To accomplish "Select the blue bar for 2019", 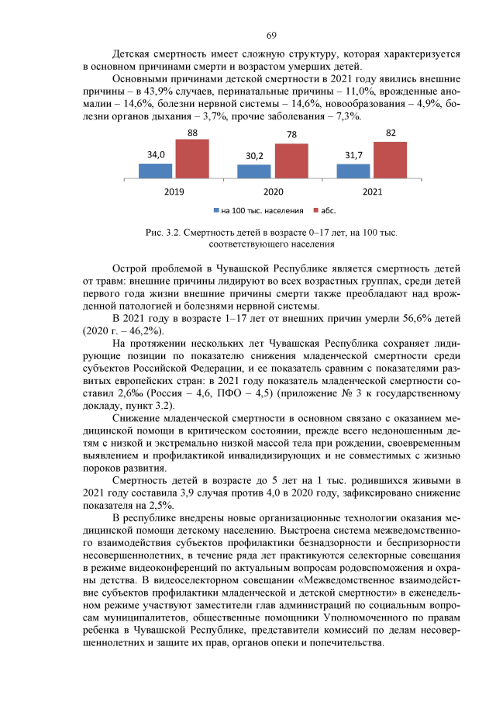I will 155,171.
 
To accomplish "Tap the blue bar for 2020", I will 253,172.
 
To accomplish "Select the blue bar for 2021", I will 353,171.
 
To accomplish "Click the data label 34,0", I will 156,155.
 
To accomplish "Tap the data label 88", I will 191,133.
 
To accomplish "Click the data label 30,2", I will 254,157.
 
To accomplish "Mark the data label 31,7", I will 353,155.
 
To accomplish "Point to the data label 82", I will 390,134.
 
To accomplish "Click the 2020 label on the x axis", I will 272,191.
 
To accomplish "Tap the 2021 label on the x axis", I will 371,191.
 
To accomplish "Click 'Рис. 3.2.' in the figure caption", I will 162,232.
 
